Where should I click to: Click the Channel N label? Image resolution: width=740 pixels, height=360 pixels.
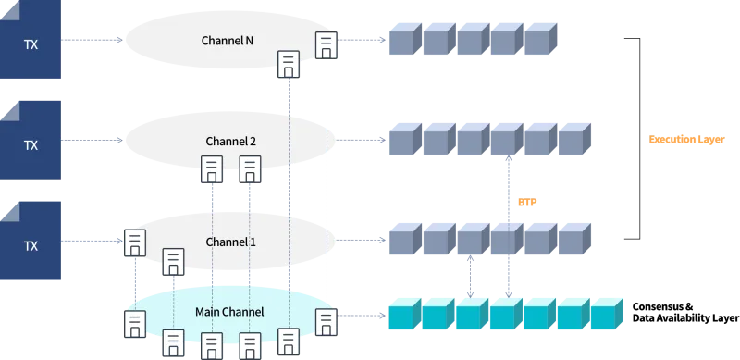tap(227, 41)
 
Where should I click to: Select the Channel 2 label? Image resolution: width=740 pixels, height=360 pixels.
tap(230, 142)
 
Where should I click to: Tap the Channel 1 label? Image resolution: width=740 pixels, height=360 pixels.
tap(230, 242)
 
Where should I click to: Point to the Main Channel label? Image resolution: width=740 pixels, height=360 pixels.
tap(229, 312)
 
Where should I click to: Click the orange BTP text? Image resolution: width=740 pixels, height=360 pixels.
tap(527, 202)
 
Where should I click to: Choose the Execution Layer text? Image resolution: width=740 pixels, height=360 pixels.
tap(686, 140)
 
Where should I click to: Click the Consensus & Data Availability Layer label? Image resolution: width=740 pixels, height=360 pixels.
tap(685, 312)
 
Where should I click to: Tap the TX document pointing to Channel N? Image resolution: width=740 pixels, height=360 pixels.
tap(31, 39)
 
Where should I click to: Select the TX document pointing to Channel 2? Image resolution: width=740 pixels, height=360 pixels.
tap(31, 140)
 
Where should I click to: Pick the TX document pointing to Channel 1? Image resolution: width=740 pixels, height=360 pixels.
tap(31, 241)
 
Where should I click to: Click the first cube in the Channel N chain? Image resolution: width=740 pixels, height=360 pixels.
tap(405, 39)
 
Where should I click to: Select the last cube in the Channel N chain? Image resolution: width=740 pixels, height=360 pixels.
tap(541, 39)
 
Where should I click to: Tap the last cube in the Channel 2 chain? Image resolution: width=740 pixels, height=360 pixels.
tap(574, 139)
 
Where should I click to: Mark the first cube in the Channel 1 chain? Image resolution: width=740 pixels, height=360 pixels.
tap(405, 239)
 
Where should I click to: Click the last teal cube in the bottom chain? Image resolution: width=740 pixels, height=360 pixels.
tap(607, 314)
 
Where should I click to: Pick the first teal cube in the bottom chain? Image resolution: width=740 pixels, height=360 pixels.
tap(405, 314)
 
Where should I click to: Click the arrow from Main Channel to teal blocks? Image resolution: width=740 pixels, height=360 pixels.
tap(362, 316)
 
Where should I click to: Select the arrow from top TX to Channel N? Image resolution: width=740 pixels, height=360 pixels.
tap(92, 40)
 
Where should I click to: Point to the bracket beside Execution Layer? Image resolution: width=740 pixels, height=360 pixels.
tap(639, 139)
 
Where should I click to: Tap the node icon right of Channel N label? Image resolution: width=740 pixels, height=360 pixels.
tap(327, 45)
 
